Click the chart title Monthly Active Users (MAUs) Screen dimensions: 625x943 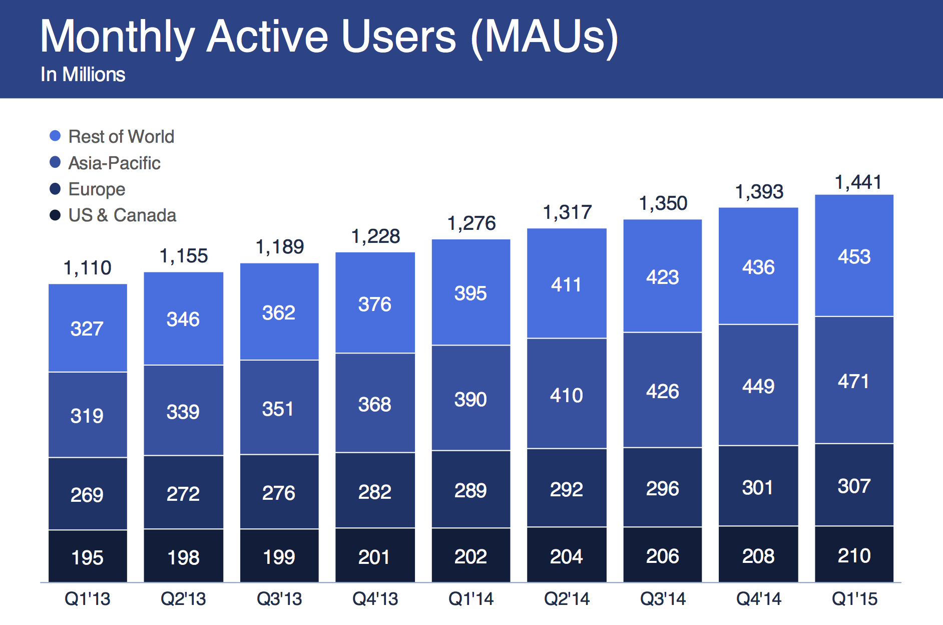[x=329, y=37]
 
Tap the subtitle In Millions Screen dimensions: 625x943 [x=83, y=75]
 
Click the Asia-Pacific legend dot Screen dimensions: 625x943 [x=55, y=162]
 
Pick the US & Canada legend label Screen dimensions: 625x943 [x=122, y=215]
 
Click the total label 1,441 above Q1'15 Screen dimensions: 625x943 [x=858, y=182]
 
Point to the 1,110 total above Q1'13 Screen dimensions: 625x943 [x=88, y=268]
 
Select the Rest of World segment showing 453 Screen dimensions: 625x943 [x=854, y=256]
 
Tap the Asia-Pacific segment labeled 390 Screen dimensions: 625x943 [x=470, y=399]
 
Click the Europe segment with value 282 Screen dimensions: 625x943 [x=375, y=492]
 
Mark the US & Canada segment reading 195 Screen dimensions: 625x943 [x=88, y=557]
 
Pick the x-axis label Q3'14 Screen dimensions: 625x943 [x=663, y=598]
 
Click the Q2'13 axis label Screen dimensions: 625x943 [x=183, y=598]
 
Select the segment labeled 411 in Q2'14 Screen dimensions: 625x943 [x=567, y=284]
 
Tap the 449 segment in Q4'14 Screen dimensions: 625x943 [x=758, y=386]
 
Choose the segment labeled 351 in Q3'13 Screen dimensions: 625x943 [x=279, y=409]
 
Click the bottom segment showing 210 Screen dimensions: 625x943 [x=854, y=555]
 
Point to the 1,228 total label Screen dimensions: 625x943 [x=375, y=236]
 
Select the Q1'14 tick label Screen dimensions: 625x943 [x=470, y=598]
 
